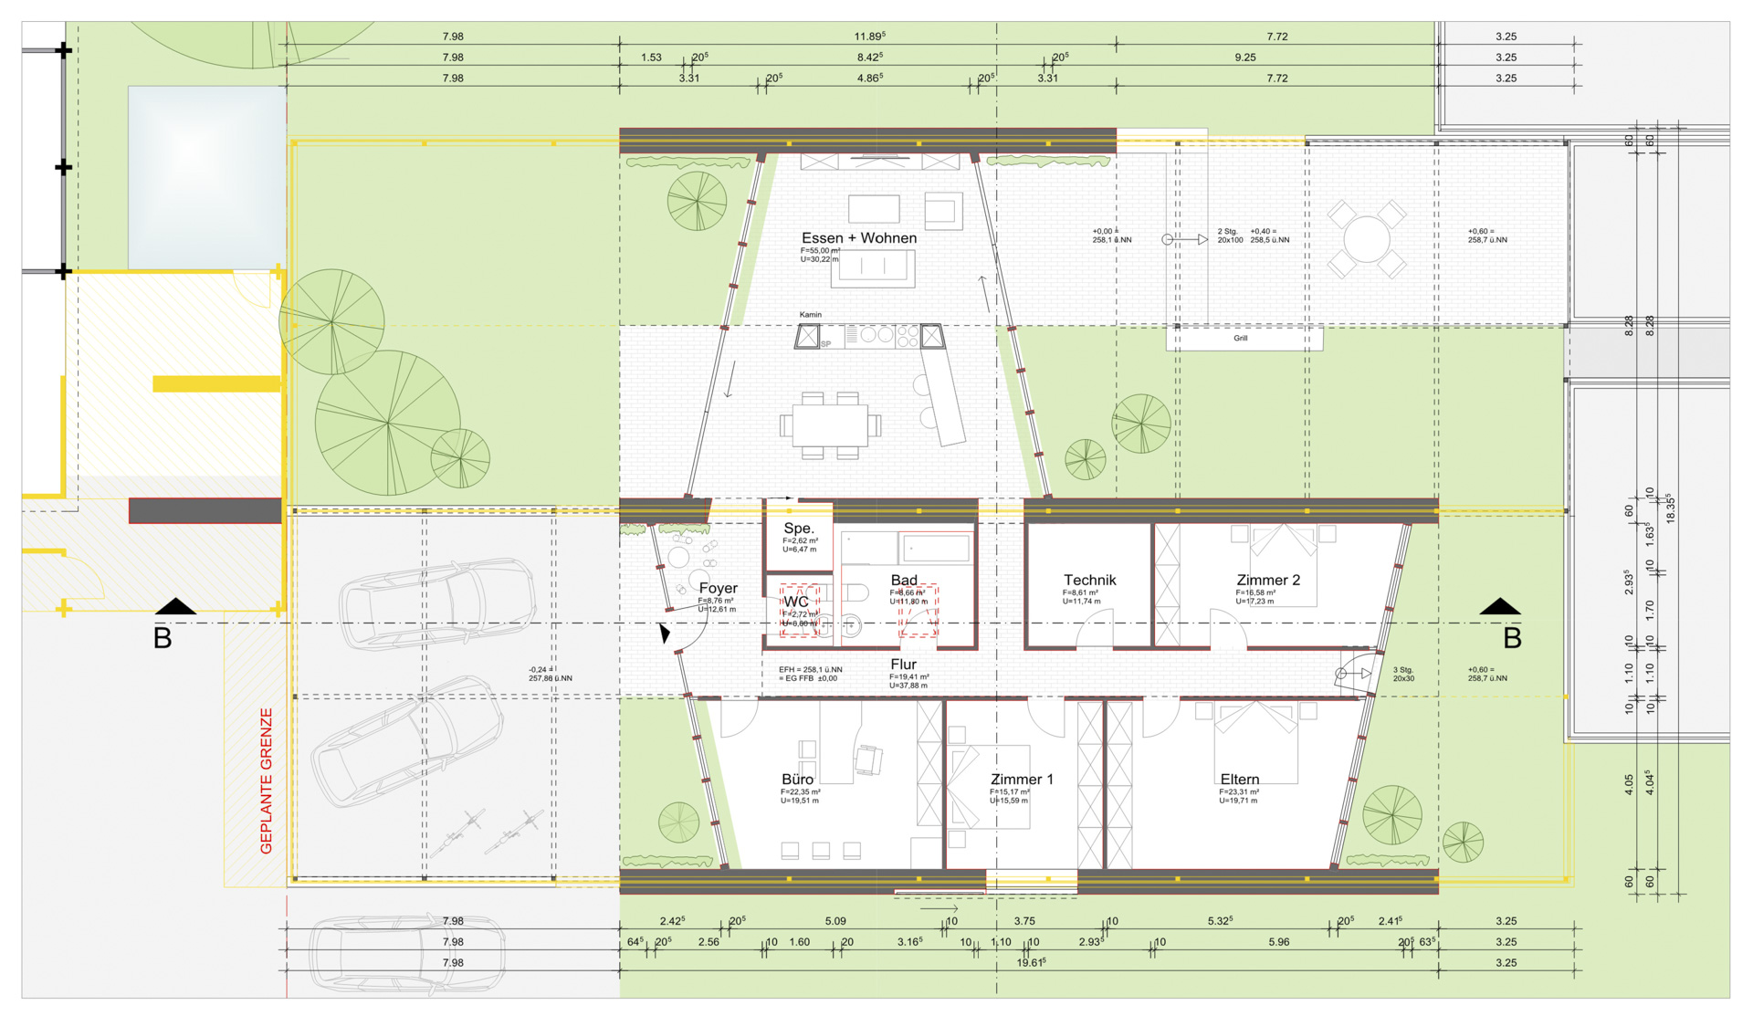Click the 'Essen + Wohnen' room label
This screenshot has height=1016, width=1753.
[858, 238]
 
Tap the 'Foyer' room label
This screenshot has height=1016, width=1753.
[718, 589]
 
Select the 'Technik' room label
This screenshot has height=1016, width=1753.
[1089, 581]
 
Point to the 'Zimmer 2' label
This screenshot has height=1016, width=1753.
[1267, 581]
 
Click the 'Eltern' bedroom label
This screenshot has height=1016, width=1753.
[1239, 780]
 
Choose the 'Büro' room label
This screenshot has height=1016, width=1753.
[797, 780]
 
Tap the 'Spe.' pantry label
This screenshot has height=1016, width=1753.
[798, 529]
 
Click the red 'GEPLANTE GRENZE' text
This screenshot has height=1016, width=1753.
[267, 780]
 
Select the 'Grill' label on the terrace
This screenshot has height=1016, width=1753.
[1240, 339]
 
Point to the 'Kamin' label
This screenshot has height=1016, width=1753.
[810, 315]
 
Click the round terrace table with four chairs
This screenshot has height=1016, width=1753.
[1366, 239]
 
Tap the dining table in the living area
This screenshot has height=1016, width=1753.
[829, 425]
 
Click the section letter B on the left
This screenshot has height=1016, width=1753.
[163, 638]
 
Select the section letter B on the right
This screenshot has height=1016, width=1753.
[1512, 638]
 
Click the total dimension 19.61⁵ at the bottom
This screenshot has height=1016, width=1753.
[1031, 963]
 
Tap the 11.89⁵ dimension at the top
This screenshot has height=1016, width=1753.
[869, 37]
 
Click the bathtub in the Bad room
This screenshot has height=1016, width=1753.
[935, 548]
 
